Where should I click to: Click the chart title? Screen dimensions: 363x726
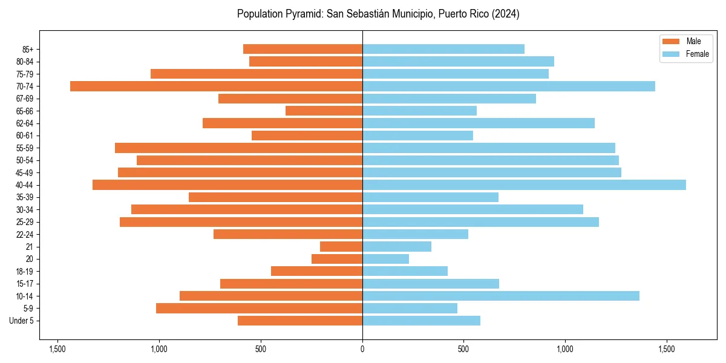pos(378,14)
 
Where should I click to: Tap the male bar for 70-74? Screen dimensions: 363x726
pos(216,87)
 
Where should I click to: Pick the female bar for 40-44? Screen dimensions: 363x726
pos(524,185)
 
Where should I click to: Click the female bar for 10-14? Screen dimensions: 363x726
pos(500,296)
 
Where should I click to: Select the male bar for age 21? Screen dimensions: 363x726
pos(341,247)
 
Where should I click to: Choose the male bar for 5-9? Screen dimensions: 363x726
pos(259,309)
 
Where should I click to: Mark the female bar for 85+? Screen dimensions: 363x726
pos(443,49)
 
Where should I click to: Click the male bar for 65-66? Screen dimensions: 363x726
pos(324,111)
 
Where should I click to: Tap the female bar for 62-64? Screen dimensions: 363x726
pos(478,123)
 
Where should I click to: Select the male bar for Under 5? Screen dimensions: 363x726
pos(300,321)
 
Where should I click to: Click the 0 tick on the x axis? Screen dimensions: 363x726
pos(362,349)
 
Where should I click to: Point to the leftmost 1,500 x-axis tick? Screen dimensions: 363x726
pos(57,349)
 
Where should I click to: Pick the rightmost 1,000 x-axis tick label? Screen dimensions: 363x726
pos(564,349)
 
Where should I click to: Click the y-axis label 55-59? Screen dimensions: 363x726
pos(25,148)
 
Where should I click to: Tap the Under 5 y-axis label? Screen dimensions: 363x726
pos(21,321)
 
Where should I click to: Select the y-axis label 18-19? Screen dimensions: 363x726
pos(25,272)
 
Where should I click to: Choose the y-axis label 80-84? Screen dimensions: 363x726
pos(25,62)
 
